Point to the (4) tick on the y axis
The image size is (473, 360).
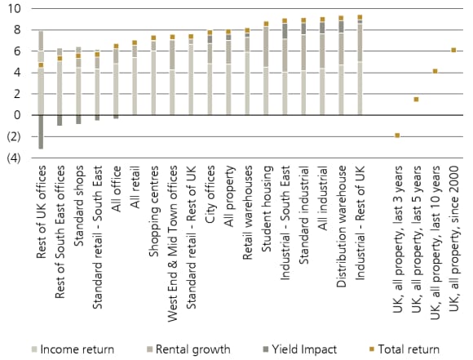14,158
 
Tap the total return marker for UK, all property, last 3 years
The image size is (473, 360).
397,135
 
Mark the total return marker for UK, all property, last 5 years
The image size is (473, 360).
416,100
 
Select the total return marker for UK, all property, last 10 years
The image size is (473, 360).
435,71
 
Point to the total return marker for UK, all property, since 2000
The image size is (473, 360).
454,50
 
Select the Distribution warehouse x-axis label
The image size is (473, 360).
343,220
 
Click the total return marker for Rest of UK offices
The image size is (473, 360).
41,64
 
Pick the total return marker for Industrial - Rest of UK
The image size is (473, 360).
360,16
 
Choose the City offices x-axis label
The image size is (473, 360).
210,196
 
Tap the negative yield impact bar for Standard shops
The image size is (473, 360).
78,119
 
